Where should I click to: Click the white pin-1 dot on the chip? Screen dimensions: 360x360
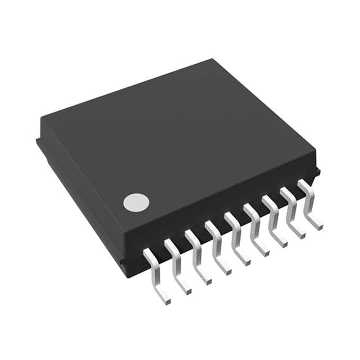[x=136, y=202]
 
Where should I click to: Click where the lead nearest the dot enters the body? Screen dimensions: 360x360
[x=148, y=254]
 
